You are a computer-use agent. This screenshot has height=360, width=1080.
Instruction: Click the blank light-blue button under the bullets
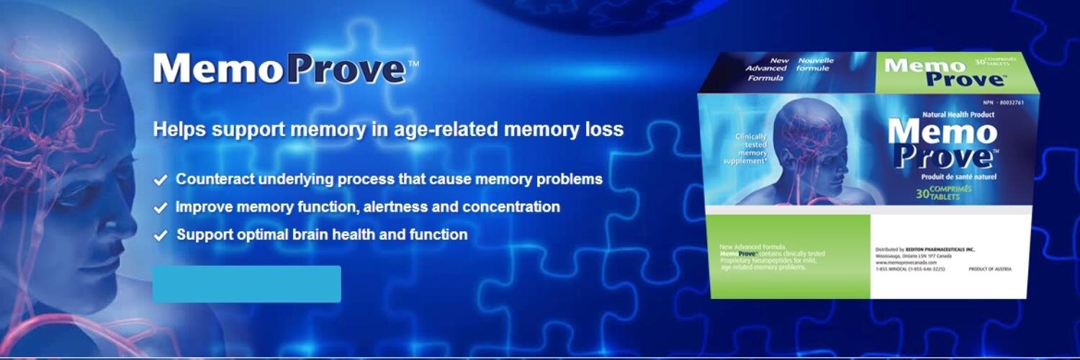[246, 284]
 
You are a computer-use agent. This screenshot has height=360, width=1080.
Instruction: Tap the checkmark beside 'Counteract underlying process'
[161, 179]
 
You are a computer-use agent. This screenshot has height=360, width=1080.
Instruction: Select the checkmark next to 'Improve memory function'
[161, 208]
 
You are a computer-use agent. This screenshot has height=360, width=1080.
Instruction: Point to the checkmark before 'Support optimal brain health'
[161, 235]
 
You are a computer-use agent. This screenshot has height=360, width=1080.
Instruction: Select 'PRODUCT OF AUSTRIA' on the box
[990, 269]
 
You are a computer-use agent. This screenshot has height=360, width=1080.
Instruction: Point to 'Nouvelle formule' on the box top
[816, 64]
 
